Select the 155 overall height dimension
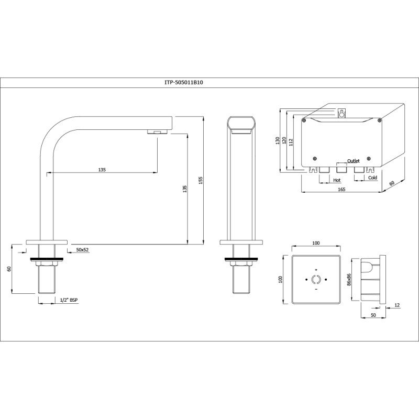201,180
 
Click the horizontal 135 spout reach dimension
102,170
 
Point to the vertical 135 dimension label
184,189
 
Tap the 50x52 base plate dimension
82,250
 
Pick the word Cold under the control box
372,178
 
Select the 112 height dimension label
291,142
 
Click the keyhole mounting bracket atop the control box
342,113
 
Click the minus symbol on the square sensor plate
316,289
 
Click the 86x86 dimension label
349,280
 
